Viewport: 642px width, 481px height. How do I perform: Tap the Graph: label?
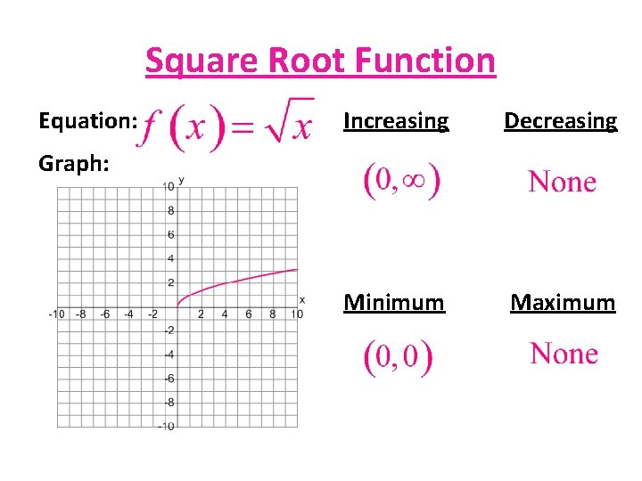(74, 163)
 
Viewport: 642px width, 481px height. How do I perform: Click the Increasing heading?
(396, 120)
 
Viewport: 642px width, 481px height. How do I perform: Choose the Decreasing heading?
(560, 120)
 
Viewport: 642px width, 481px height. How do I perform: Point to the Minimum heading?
(393, 303)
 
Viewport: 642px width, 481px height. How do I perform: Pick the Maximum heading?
(562, 303)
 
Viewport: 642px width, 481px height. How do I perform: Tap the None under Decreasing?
(562, 183)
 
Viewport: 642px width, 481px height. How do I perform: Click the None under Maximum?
(564, 355)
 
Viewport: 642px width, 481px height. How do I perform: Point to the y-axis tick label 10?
(168, 186)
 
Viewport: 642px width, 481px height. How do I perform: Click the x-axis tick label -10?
(55, 314)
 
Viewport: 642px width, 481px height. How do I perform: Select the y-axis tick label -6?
(168, 379)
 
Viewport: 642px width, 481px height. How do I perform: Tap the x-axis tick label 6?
(249, 314)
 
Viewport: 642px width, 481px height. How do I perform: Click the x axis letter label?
(302, 299)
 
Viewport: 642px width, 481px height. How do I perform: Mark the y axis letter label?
(181, 181)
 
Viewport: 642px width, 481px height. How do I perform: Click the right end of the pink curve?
(297, 269)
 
